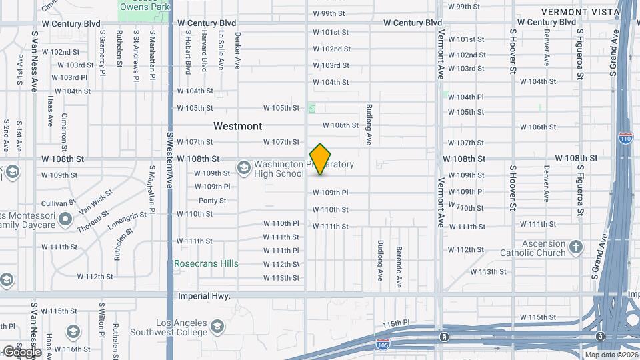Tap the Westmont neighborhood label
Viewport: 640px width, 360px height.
coord(237,126)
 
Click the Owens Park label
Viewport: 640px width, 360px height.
coord(144,7)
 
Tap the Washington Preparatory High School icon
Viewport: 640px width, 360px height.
coord(243,167)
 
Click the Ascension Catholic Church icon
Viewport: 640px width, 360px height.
coord(577,248)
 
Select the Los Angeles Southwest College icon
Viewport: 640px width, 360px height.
coord(217,326)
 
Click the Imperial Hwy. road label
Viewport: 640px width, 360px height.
coord(204,295)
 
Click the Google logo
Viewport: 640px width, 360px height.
coord(21,351)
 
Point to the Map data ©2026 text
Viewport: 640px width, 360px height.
coord(609,355)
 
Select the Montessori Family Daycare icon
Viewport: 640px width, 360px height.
coord(65,219)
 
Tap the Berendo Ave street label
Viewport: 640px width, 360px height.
coord(399,267)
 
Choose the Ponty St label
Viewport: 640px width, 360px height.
coord(212,201)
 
